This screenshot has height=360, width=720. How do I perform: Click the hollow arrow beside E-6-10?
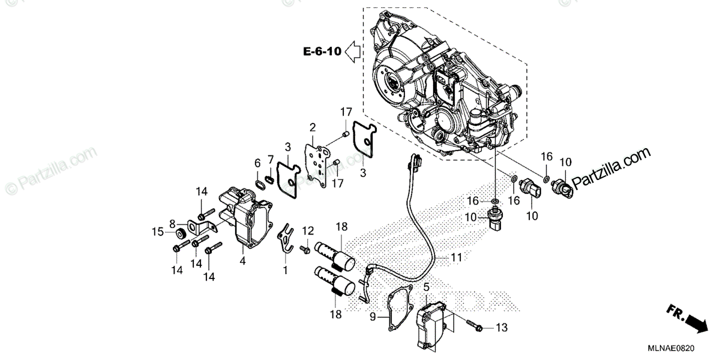click(352, 52)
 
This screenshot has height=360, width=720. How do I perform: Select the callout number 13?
click(502, 328)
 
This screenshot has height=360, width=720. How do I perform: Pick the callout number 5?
click(426, 287)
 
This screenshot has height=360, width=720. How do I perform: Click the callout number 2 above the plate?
click(313, 127)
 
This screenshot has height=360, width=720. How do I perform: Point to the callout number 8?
click(172, 222)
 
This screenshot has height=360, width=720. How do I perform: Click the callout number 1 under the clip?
click(285, 271)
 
